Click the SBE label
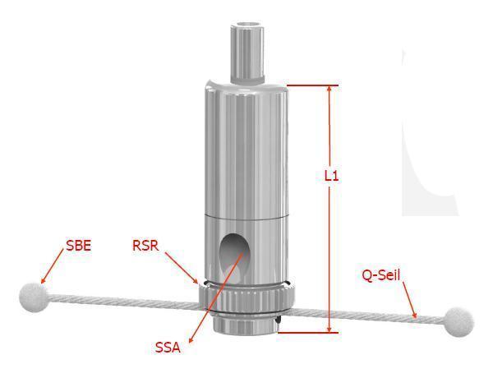(79, 246)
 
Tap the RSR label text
(145, 246)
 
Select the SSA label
(168, 348)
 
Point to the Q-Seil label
(381, 275)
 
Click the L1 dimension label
(332, 176)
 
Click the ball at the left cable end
(32, 297)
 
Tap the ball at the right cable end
(459, 322)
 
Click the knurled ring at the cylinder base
(246, 297)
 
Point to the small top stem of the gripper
(247, 53)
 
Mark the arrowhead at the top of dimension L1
(329, 90)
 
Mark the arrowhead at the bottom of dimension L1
(329, 328)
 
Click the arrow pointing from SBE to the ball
(53, 265)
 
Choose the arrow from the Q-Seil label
(410, 300)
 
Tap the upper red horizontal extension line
(312, 85)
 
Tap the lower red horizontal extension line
(308, 332)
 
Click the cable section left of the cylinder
(122, 300)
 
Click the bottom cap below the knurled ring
(245, 324)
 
